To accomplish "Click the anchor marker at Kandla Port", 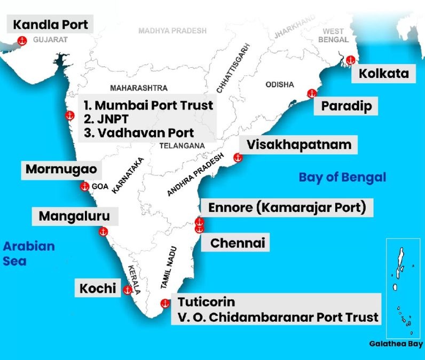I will [22, 41].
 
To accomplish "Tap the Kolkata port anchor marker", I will [350, 60].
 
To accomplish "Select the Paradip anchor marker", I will [312, 94].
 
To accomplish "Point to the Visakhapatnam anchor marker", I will [238, 157].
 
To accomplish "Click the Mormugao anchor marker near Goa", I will [84, 187].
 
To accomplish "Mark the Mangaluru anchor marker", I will [104, 231].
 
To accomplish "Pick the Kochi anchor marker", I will [128, 290].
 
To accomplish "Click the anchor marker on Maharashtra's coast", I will [69, 116].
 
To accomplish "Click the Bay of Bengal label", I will [342, 177].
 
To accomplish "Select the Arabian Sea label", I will [29, 254].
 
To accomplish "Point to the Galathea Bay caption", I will [396, 344].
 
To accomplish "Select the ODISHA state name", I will [280, 85].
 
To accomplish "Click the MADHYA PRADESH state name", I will [172, 31].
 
